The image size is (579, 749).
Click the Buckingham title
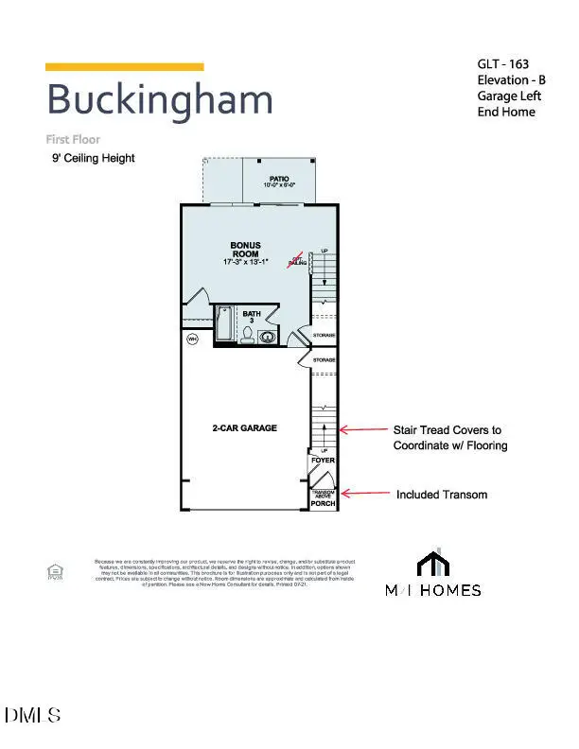(159, 100)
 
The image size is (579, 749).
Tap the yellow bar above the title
(125, 67)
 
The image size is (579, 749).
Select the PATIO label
(278, 177)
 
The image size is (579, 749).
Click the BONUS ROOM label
(245, 250)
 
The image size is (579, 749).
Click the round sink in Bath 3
(268, 336)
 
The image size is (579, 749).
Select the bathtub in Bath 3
(225, 324)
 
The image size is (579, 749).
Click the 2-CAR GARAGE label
(244, 428)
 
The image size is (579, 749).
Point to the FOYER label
(324, 461)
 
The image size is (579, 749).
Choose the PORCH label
(324, 504)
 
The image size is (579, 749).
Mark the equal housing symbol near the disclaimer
(55, 570)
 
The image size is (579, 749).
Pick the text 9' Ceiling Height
(93, 159)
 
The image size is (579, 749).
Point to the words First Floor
(73, 139)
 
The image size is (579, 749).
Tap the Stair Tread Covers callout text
(449, 437)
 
